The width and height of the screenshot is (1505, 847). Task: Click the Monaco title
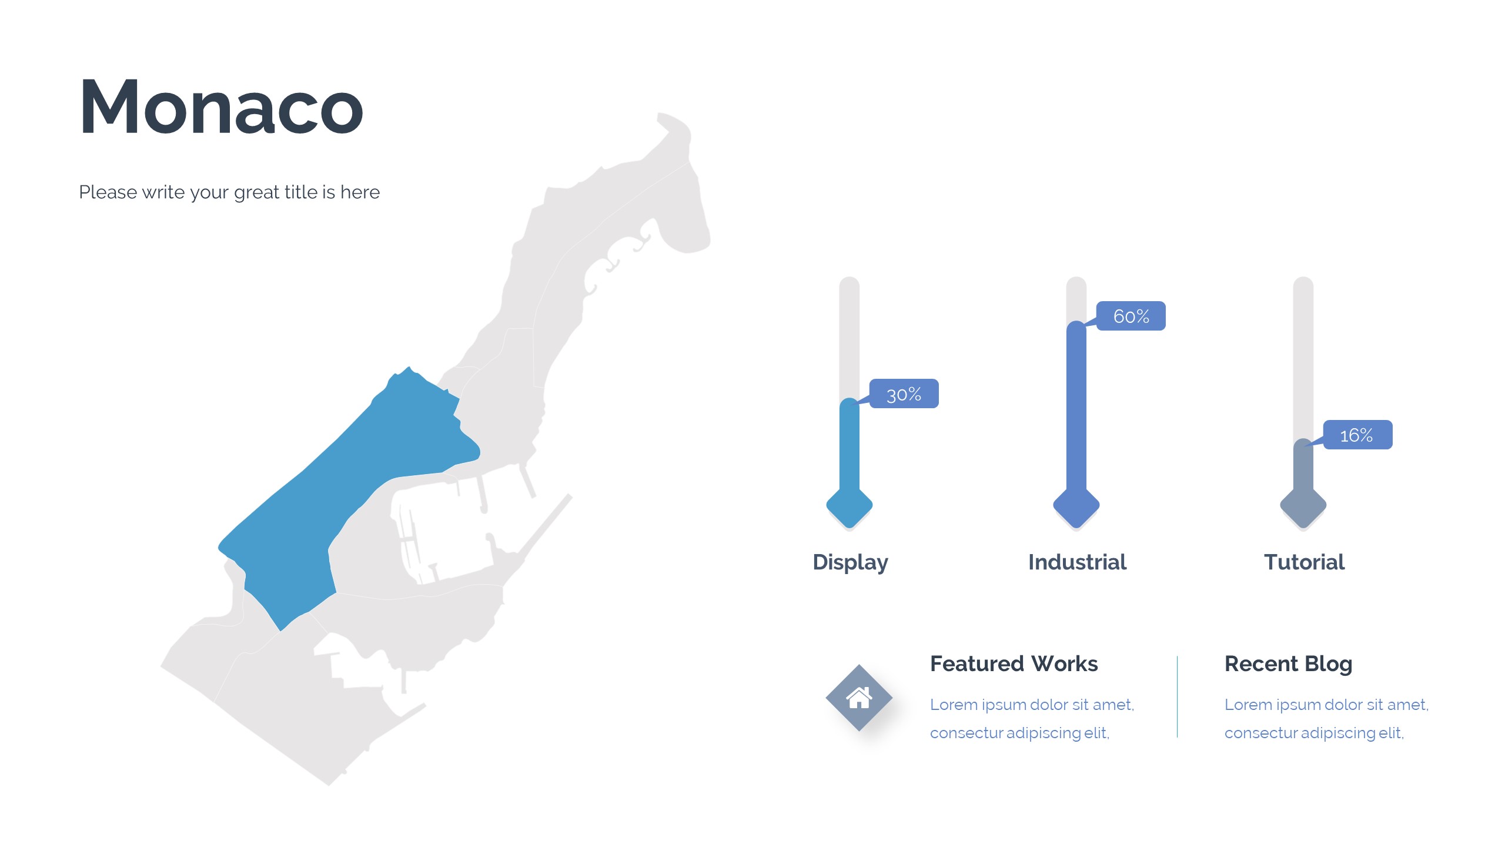pos(221,107)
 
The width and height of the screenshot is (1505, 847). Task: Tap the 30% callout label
pos(904,394)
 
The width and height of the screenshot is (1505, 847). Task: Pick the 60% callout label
pos(1131,316)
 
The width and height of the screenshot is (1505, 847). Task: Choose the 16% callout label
pos(1357,435)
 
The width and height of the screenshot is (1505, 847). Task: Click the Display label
pos(850,562)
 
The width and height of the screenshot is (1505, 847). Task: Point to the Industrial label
pos(1077,562)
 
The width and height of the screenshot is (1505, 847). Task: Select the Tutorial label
pos(1304,562)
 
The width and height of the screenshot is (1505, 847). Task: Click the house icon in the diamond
pos(859,698)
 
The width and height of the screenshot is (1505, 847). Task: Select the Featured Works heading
pos(1014,663)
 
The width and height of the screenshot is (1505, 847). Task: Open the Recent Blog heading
pos(1288,664)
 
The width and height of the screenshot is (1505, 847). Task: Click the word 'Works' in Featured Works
pos(1065,663)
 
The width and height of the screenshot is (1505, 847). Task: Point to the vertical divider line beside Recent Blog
pos(1177,696)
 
